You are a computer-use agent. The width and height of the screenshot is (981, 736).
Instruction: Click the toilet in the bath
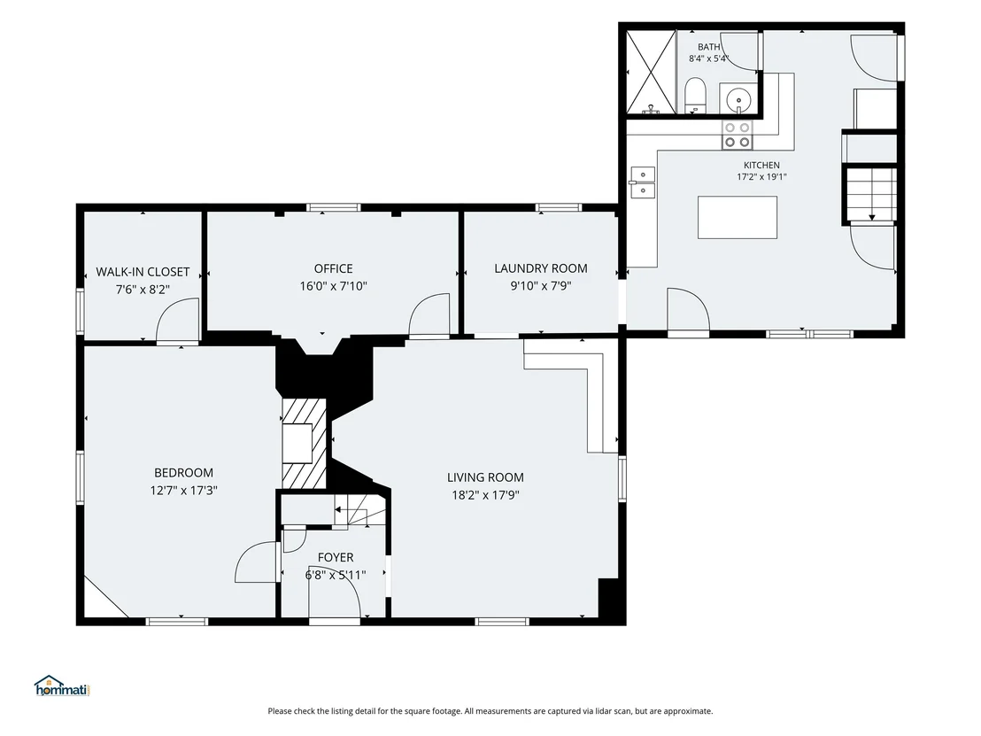click(695, 95)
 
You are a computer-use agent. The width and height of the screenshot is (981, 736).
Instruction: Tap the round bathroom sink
click(739, 99)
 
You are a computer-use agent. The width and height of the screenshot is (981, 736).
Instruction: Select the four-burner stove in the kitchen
click(737, 135)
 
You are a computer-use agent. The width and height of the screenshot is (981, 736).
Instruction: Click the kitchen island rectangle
click(738, 217)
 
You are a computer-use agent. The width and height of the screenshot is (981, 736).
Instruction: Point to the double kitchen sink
click(643, 182)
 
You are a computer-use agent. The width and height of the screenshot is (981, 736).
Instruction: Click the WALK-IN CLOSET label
click(143, 272)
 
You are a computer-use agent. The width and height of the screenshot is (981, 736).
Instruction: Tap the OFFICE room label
click(334, 268)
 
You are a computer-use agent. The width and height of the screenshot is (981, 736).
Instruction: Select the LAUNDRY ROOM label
click(541, 268)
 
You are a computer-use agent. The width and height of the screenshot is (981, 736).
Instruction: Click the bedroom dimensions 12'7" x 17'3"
click(183, 491)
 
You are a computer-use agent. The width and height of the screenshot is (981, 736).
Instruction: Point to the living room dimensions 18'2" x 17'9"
click(485, 495)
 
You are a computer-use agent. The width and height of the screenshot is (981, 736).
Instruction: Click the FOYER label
click(336, 557)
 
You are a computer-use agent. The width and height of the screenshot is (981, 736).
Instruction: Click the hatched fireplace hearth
click(304, 444)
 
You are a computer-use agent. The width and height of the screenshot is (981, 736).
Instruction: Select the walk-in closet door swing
click(177, 320)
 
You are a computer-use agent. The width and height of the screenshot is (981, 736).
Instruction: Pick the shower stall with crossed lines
click(652, 73)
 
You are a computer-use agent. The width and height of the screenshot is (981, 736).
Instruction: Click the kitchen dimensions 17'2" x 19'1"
click(761, 176)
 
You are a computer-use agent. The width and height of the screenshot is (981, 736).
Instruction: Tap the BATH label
click(709, 47)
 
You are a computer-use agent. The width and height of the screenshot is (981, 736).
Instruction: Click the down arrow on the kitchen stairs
click(871, 216)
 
